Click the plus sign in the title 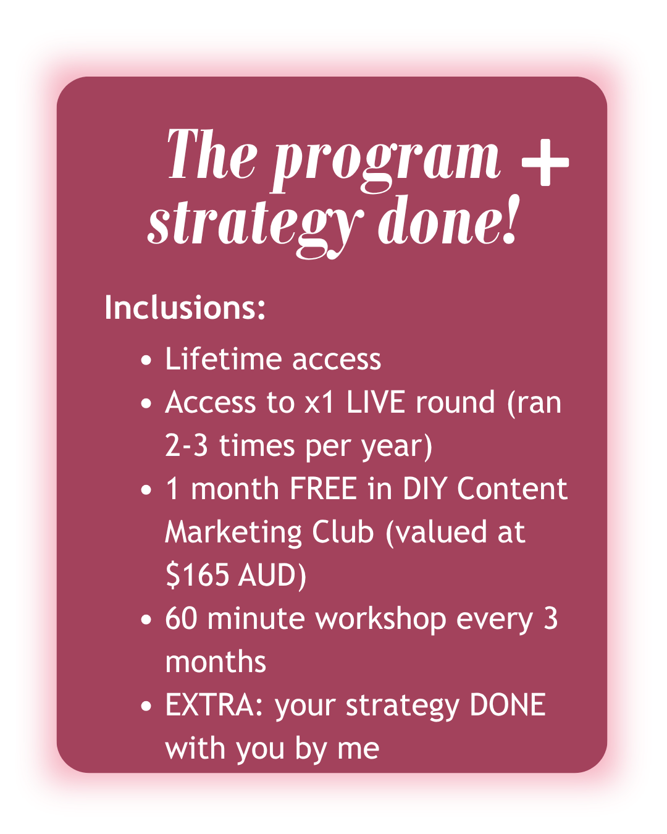click(x=545, y=162)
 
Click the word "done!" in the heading click(x=448, y=219)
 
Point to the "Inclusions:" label click(x=185, y=308)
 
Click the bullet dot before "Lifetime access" click(x=146, y=360)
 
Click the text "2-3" click(x=187, y=445)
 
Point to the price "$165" click(x=197, y=575)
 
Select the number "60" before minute click(x=181, y=618)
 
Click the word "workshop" click(x=380, y=619)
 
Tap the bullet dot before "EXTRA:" click(x=146, y=706)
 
